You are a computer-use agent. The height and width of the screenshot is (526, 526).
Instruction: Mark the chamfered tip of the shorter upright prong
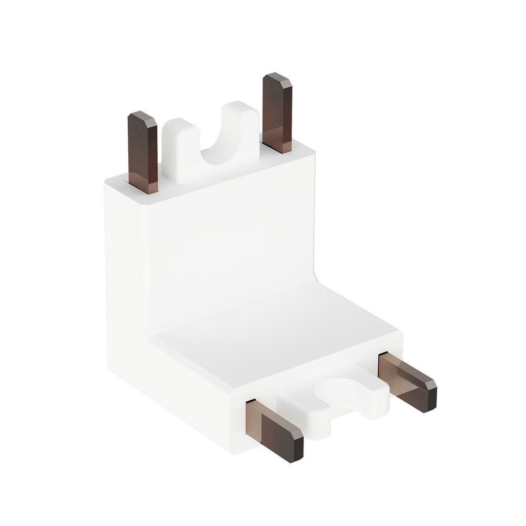(142, 118)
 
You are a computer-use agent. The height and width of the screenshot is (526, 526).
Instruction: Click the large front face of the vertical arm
(231, 237)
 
